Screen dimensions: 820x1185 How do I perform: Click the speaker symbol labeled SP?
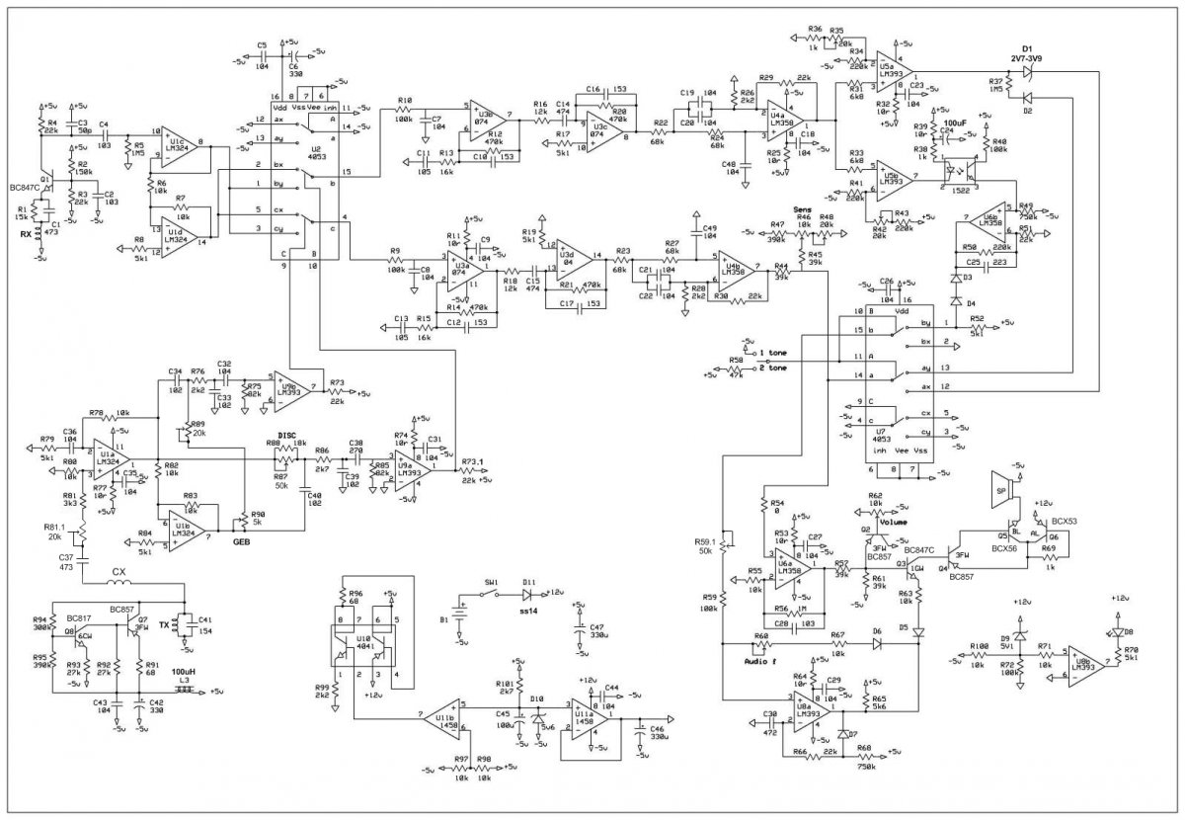(998, 491)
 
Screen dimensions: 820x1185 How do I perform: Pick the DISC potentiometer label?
(286, 435)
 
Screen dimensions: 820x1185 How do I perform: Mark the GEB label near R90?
(240, 542)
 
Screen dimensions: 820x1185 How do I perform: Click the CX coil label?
(119, 571)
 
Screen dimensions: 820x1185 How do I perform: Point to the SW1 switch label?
(491, 583)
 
